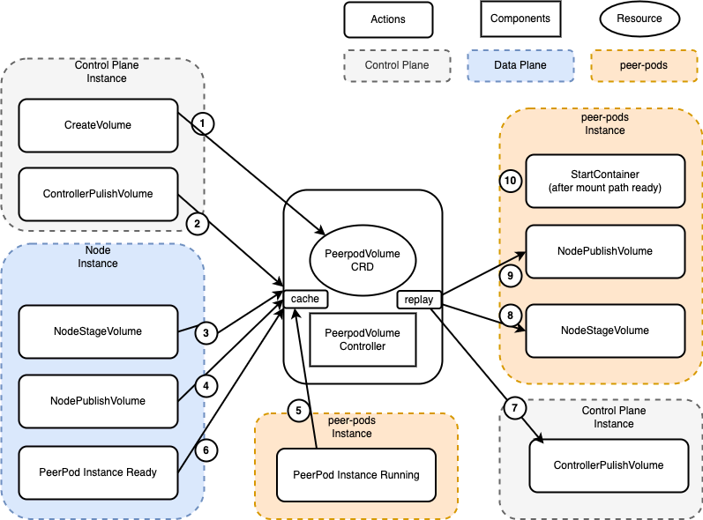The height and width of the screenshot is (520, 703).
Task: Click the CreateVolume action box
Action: [98, 125]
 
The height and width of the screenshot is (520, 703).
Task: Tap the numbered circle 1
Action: [203, 123]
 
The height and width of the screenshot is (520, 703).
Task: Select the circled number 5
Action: [299, 410]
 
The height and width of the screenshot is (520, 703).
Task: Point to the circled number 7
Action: [514, 407]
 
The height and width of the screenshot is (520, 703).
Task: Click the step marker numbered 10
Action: [511, 181]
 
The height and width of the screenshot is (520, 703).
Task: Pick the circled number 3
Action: [206, 333]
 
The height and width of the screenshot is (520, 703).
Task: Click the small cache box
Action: [306, 299]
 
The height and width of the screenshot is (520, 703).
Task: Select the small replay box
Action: [419, 300]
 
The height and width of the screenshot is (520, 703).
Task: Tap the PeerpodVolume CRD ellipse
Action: [363, 260]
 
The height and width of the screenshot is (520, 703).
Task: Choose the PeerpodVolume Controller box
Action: [363, 339]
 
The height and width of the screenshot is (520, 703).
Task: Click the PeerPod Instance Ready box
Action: [98, 472]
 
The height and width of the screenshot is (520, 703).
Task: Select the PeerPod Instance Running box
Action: [356, 475]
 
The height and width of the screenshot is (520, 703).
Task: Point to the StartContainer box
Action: [605, 181]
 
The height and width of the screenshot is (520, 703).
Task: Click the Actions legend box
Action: [388, 19]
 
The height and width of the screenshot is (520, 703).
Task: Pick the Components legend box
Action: [520, 19]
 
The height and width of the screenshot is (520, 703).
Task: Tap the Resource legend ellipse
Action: [639, 19]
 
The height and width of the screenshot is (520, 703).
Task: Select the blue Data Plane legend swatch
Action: [520, 65]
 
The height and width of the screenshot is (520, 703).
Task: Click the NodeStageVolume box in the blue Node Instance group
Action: [98, 331]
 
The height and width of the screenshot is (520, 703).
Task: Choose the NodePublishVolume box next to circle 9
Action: [605, 251]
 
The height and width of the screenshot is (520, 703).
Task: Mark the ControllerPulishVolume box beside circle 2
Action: [98, 194]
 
